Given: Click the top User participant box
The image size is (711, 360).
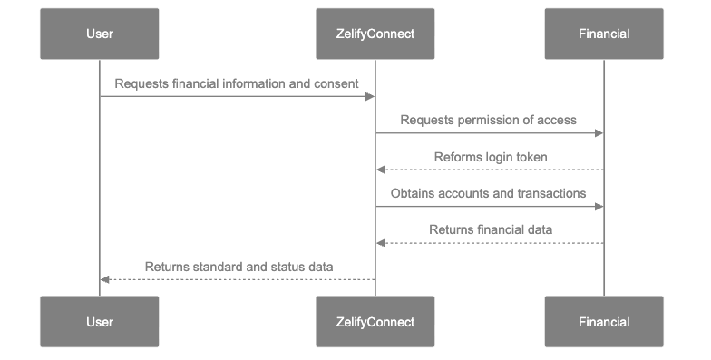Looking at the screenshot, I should pos(100,34).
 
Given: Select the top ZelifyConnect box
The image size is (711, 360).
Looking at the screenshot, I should pos(375,34).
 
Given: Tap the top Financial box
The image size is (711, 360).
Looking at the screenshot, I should pos(604,34).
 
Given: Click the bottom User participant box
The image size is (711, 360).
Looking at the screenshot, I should pos(100,322).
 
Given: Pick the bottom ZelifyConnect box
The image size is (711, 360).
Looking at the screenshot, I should pos(375,322).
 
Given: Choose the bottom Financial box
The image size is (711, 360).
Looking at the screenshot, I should pos(604,322).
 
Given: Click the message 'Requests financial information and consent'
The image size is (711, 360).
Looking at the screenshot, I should pos(237,83).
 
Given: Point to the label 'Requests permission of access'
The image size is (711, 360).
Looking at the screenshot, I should pos(489,120).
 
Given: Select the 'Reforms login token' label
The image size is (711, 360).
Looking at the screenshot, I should pos(490,157).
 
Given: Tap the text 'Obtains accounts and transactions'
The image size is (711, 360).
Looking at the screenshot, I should pos(488,193).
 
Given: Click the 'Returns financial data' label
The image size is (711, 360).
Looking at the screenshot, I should pos(491,229).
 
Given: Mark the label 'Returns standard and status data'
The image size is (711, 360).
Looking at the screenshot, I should pos(239,267).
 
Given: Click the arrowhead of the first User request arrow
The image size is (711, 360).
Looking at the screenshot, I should pos(370,96).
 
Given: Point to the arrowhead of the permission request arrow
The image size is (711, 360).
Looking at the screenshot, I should pos(599,133).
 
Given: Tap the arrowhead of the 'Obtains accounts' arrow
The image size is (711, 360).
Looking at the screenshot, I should pos(599,207).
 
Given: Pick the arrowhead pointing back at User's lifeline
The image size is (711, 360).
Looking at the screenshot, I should pos(105,279).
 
